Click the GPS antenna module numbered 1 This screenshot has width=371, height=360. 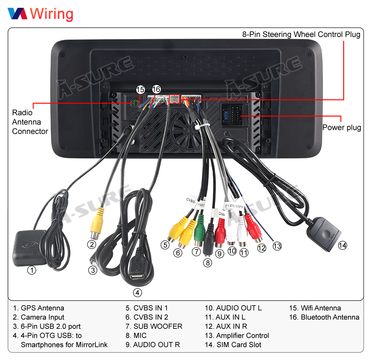30,248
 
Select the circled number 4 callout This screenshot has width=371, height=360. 138,293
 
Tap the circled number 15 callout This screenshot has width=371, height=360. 140,89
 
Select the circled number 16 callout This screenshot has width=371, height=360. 156,89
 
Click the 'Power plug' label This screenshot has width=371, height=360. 341,128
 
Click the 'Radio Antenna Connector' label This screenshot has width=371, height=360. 30,122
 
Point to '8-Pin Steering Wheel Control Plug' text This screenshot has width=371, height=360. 301,34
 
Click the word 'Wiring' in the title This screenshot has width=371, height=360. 52,14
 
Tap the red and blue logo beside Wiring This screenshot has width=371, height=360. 17,14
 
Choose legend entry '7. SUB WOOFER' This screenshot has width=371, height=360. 154,326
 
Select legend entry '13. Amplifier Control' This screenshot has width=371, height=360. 237,336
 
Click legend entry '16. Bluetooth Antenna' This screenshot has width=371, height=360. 324,317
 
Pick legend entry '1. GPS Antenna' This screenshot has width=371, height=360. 39,308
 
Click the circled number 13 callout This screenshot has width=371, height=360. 277,245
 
